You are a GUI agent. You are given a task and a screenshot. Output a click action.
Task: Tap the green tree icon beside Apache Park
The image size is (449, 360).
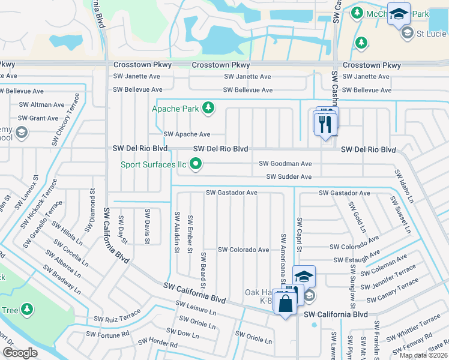tap(208, 108)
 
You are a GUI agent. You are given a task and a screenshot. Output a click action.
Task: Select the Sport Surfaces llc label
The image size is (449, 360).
tap(154, 164)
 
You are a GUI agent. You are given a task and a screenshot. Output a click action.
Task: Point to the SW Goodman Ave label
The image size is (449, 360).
tap(285, 163)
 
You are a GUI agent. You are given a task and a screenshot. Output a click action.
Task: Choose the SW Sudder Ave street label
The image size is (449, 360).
tap(289, 177)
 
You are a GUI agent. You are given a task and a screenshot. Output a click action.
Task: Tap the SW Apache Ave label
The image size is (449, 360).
tap(187, 134)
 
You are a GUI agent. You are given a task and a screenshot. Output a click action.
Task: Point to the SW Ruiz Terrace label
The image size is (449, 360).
tap(117, 316)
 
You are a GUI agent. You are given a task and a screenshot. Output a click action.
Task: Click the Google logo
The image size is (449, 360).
tap(20, 353)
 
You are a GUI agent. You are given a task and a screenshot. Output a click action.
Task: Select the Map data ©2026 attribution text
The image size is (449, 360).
tap(423, 355)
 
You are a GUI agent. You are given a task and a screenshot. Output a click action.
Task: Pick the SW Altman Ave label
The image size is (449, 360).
tap(41, 104)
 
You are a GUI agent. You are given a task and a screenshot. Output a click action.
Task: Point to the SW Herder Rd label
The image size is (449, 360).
tap(157, 344)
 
